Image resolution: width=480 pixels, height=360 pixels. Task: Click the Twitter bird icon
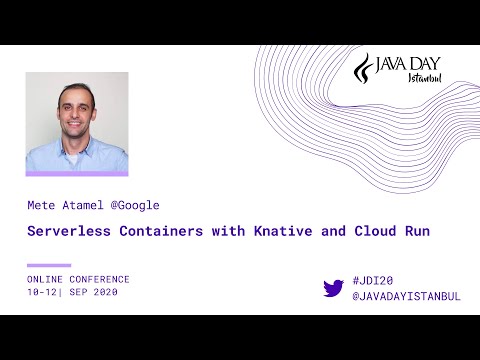click(x=333, y=288)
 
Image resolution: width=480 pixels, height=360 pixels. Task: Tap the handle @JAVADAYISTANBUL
click(x=406, y=296)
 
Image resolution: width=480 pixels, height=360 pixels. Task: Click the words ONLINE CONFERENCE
click(x=78, y=279)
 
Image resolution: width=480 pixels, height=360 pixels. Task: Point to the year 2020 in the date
click(x=103, y=292)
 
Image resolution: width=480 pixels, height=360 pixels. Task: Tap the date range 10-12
click(x=43, y=292)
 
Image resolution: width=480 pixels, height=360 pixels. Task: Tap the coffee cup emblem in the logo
click(x=365, y=69)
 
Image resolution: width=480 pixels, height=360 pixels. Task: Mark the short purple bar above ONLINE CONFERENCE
click(x=49, y=266)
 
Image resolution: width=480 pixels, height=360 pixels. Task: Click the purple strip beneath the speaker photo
click(x=77, y=174)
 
